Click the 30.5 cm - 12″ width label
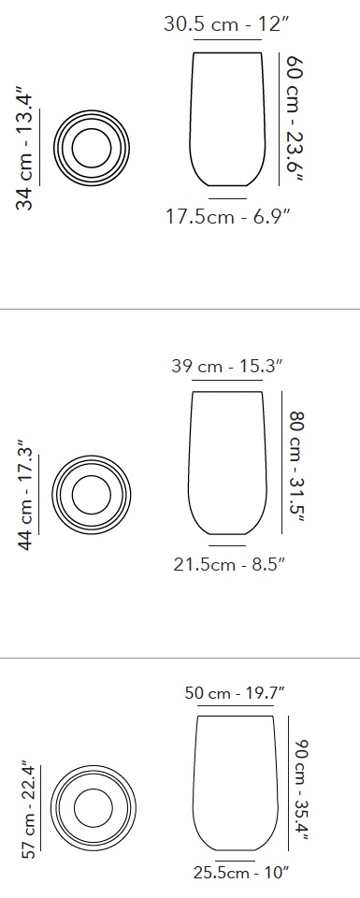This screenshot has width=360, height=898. tap(226, 24)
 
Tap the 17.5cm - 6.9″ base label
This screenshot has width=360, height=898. tap(228, 217)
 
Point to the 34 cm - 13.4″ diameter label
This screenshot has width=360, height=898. tap(26, 149)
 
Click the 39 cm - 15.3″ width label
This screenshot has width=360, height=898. tap(227, 366)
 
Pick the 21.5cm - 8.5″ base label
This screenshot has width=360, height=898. tap(229, 565)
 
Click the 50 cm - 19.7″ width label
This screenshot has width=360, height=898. tap(235, 693)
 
